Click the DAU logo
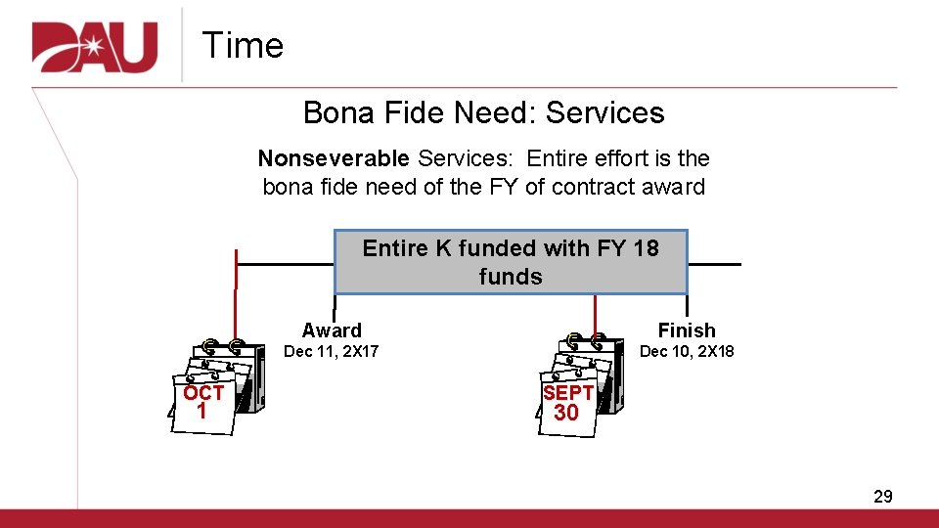95,46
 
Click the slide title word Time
243,46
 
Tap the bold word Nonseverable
334,158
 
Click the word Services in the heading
605,113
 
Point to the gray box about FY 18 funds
511,262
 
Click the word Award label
332,330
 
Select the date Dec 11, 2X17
332,351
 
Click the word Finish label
687,330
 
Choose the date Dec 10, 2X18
687,351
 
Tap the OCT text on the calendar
203,393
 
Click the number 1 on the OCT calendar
201,412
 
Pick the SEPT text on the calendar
568,393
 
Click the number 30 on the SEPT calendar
566,413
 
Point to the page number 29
882,497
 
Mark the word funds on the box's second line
511,277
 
